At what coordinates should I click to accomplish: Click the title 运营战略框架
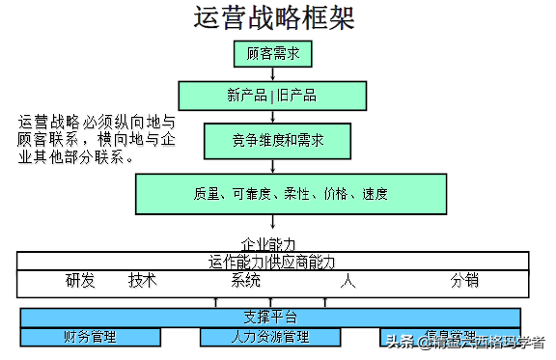(273, 18)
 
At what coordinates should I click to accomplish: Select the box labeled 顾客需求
(273, 54)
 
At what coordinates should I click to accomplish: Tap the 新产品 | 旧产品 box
(273, 95)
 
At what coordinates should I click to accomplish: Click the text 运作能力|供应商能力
(272, 261)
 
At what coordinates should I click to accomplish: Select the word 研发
(80, 281)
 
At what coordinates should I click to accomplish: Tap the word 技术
(142, 281)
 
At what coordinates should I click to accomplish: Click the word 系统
(246, 281)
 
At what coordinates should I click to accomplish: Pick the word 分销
(463, 281)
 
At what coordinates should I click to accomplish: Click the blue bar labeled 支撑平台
(270, 318)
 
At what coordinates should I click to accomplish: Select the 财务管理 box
(89, 337)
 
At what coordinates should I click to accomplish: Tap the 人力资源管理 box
(270, 337)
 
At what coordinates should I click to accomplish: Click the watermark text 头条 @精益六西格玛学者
(465, 339)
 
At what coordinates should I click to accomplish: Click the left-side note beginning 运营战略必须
(97, 140)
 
